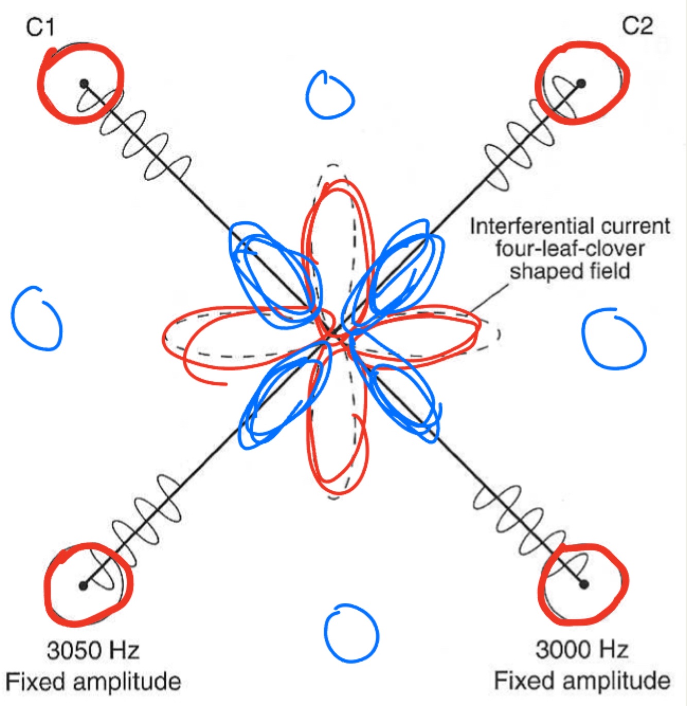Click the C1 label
(40, 27)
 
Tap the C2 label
(637, 26)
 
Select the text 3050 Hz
(93, 650)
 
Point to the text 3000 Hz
(582, 649)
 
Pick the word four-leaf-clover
(570, 249)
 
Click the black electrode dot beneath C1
(84, 83)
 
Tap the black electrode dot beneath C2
(581, 83)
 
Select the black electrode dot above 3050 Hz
(83, 585)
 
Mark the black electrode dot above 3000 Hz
(583, 584)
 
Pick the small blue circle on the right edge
(613, 338)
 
